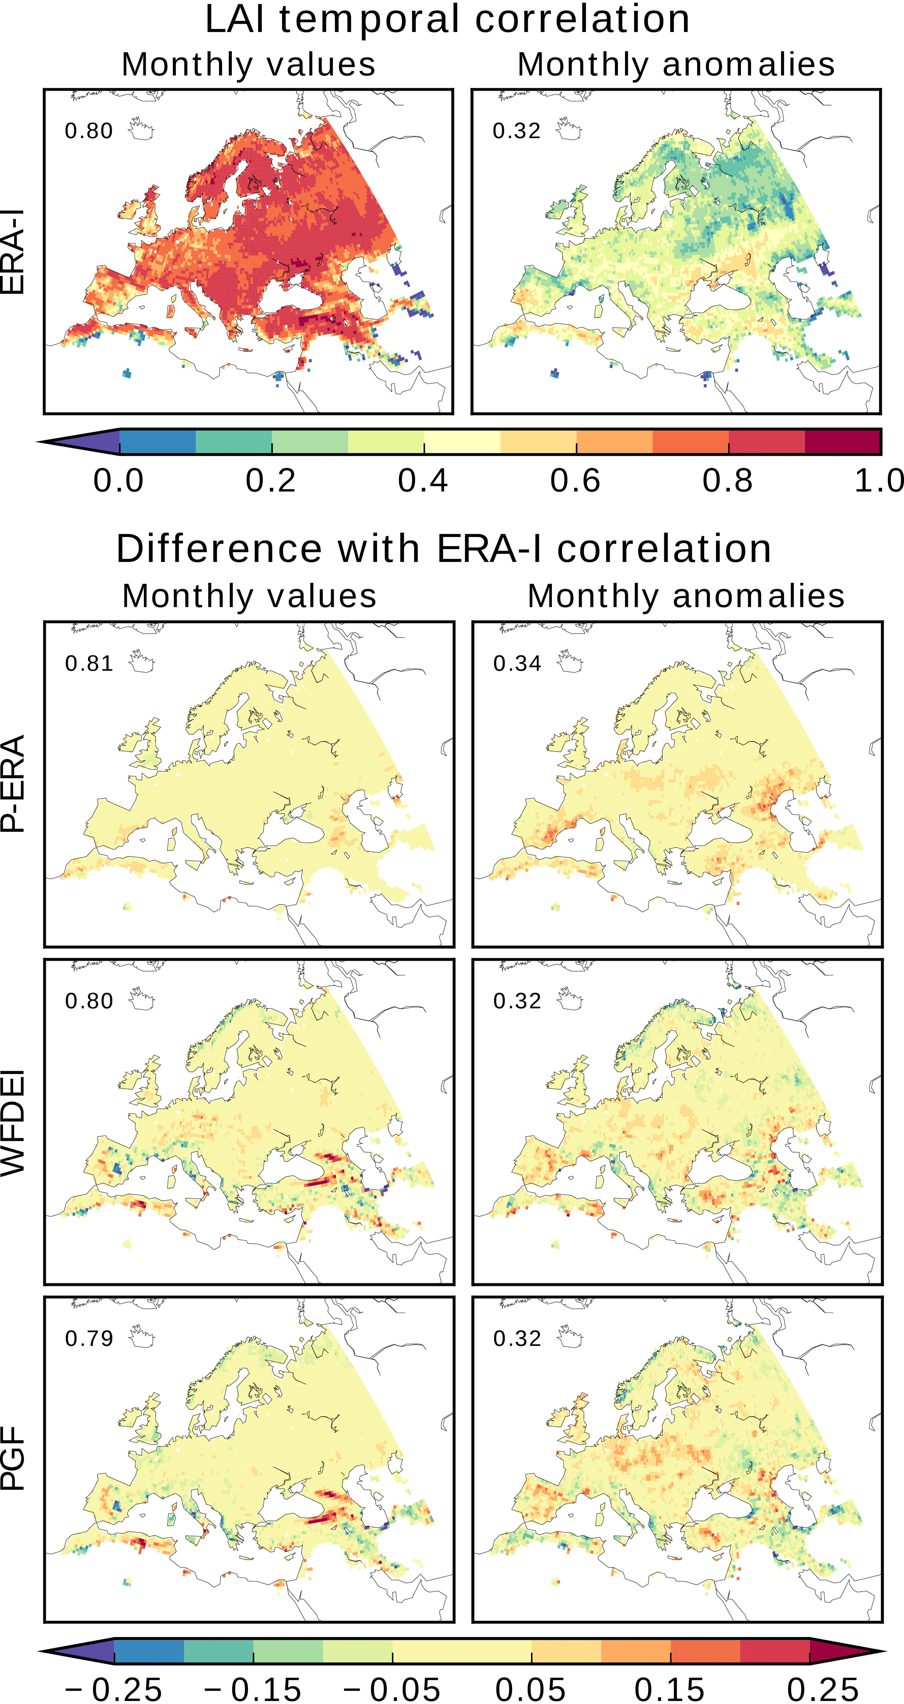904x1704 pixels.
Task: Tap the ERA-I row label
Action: pyautogui.click(x=13, y=251)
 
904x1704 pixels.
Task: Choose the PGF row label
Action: pyautogui.click(x=13, y=1459)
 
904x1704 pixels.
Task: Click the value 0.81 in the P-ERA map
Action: pyautogui.click(x=89, y=663)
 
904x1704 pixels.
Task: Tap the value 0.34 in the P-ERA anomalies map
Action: pyautogui.click(x=517, y=663)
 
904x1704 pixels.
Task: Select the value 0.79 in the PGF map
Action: pyautogui.click(x=89, y=1338)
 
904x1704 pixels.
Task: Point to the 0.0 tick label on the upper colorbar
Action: pyautogui.click(x=119, y=480)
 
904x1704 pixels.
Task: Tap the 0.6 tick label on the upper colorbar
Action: pyautogui.click(x=575, y=480)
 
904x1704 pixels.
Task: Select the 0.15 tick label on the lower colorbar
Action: pyautogui.click(x=670, y=1689)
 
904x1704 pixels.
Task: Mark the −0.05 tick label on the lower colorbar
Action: pyautogui.click(x=392, y=1689)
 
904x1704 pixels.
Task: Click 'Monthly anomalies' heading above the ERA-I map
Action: pyautogui.click(x=676, y=64)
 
